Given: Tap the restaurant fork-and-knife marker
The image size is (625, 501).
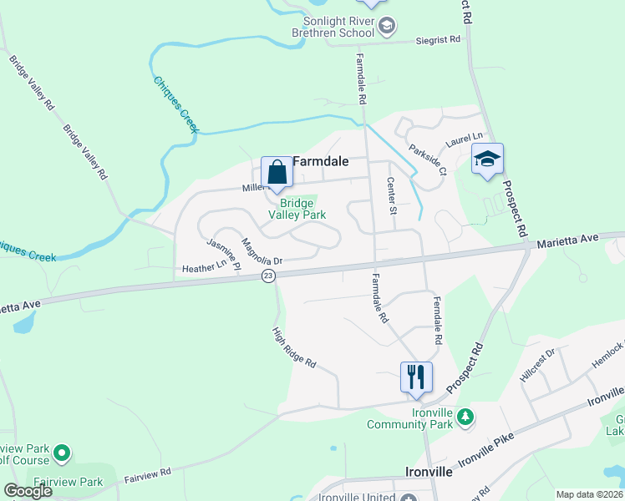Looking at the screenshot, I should (416, 376).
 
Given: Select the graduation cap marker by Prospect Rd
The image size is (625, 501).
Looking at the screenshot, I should (486, 159).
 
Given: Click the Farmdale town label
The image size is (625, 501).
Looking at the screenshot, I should (320, 161).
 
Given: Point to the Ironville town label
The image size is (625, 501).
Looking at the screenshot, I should (429, 472).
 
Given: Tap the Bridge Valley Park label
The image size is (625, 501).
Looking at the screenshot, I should (297, 209).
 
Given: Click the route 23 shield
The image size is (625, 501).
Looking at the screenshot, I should (267, 276).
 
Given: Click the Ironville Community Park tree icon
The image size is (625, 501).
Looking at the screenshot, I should (466, 416).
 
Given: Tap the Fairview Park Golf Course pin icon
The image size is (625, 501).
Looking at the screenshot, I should (60, 454).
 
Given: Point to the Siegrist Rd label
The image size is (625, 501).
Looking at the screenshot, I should (437, 39).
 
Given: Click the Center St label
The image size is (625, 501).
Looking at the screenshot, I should (390, 196).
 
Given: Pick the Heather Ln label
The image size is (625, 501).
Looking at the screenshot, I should (205, 267).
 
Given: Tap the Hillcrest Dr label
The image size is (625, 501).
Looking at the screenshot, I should (537, 365).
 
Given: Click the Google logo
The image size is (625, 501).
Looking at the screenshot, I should (28, 491).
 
